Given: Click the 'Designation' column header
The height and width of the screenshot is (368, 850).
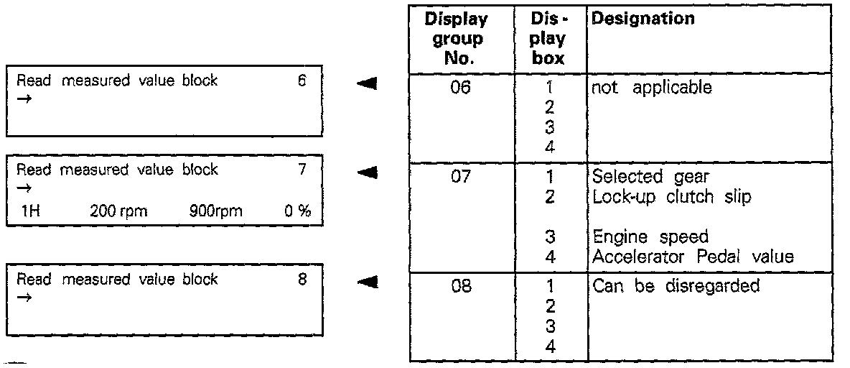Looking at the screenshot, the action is (642, 19).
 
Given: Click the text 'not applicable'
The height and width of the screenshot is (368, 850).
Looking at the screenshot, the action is (652, 89).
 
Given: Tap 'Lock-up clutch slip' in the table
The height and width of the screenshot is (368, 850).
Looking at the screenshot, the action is (671, 197).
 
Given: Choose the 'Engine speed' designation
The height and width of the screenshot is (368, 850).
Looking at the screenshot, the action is (650, 237).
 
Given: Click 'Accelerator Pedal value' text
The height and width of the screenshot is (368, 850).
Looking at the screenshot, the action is (693, 257).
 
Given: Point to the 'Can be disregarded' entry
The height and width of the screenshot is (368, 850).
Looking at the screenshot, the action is (676, 286).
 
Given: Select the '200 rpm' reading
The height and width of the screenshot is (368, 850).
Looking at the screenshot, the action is (113, 212).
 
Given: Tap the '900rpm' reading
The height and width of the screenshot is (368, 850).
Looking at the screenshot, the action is (216, 212).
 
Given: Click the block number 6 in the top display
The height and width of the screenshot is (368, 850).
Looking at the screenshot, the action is (301, 81).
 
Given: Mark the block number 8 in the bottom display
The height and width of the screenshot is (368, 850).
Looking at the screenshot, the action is (302, 280).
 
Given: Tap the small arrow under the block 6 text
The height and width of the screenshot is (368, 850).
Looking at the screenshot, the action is (23, 99).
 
